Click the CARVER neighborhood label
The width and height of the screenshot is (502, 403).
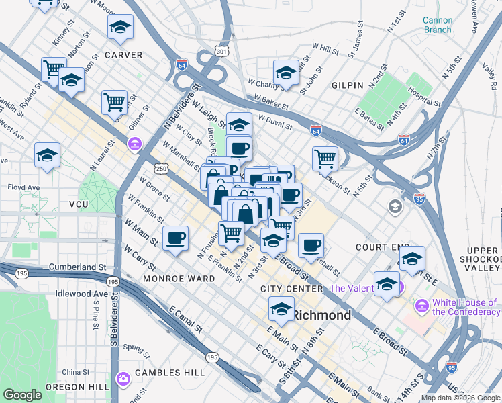pyautogui.click(x=123, y=55)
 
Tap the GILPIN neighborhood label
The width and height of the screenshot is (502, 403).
pyautogui.click(x=347, y=85)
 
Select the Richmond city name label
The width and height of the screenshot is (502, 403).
pyautogui.click(x=321, y=315)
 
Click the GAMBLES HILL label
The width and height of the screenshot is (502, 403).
pyautogui.click(x=162, y=373)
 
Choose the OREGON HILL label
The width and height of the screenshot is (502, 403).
pyautogui.click(x=74, y=387)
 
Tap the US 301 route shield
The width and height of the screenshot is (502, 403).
pyautogui.click(x=221, y=51)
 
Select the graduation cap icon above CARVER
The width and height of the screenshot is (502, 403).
pyautogui.click(x=120, y=27)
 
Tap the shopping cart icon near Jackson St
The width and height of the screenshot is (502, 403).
pyautogui.click(x=325, y=159)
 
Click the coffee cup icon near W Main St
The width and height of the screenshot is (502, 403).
pyautogui.click(x=176, y=238)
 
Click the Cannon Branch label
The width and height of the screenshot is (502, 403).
pyautogui.click(x=437, y=25)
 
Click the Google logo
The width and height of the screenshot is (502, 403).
pyautogui.click(x=22, y=395)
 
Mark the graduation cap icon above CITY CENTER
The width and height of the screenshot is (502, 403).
pyautogui.click(x=281, y=310)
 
